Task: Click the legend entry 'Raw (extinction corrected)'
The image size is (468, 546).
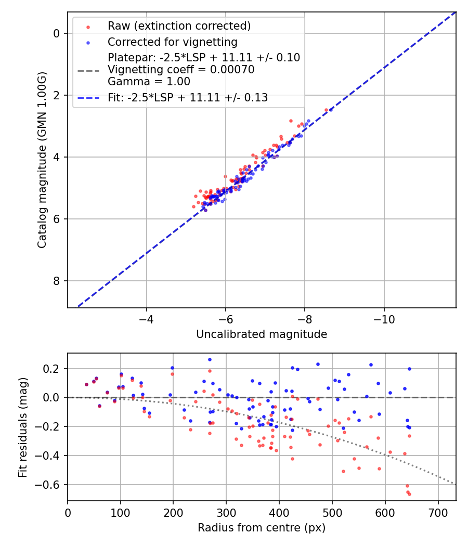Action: point(179,26)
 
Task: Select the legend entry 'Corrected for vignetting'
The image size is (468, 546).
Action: point(172,42)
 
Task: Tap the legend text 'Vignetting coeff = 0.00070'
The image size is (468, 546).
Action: point(181,70)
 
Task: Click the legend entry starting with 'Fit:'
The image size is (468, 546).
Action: point(188,97)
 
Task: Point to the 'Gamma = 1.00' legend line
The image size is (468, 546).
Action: point(149,82)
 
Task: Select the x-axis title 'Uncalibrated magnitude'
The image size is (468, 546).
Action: point(262,334)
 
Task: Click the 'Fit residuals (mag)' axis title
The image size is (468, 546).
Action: point(22,427)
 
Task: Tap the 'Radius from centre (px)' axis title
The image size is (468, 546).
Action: point(262,528)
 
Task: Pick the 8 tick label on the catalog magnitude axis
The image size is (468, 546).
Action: point(57,281)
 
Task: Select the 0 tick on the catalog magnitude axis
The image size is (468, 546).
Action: point(57,33)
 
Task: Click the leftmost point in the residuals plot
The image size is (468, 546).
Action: point(86,384)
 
